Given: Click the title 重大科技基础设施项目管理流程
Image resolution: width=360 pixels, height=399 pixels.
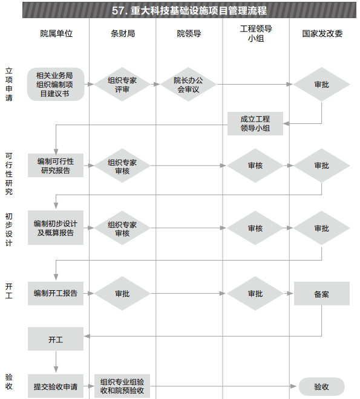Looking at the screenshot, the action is tap(198, 10).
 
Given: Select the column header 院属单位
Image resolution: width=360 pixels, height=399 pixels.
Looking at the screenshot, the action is tap(56, 33).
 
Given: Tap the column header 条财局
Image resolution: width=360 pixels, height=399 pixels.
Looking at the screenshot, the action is tap(123, 33).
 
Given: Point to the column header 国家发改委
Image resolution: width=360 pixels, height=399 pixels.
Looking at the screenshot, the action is tap(322, 33).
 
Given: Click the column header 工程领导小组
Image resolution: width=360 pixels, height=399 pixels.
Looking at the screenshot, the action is tap(256, 33).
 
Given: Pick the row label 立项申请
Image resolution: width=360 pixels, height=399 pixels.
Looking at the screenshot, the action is tap(9, 84).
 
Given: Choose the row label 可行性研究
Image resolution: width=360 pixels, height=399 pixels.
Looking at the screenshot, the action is tap(9, 174).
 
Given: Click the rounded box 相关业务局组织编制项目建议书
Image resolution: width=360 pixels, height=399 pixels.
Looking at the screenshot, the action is tap(56, 84).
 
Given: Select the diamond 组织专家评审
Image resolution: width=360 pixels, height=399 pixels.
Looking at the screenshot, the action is tap(122, 84).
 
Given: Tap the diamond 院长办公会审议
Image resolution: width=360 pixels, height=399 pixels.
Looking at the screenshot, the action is tap(188, 84).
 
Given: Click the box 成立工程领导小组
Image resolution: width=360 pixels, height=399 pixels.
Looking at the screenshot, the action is tap(255, 123).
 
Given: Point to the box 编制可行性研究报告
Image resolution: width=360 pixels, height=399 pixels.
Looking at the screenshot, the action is tap(56, 166).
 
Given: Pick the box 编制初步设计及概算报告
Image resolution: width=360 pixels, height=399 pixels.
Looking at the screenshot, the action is tap(56, 228).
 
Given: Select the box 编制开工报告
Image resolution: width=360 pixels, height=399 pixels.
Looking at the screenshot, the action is tap(56, 293).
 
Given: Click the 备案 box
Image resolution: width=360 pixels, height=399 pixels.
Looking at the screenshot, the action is tap(322, 293).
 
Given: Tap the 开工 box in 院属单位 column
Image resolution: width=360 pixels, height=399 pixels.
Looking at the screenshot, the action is tap(56, 339).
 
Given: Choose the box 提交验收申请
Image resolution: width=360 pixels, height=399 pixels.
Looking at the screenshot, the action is tap(56, 386).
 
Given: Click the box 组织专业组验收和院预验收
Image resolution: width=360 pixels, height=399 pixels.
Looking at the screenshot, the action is tap(122, 386).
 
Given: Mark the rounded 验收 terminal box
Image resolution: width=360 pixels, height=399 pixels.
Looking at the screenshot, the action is tap(322, 386).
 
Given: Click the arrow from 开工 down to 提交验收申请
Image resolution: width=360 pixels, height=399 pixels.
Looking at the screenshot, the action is tap(56, 362).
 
